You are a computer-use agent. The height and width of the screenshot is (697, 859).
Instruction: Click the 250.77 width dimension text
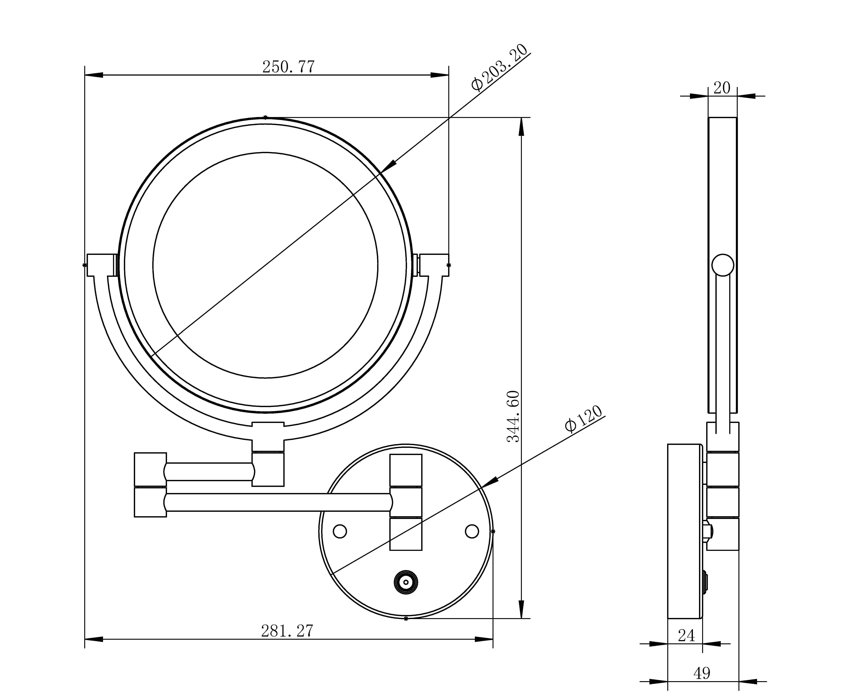tap(288, 67)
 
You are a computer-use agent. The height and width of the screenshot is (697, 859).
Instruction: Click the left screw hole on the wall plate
tap(340, 531)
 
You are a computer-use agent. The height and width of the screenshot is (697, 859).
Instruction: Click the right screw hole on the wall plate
tap(472, 531)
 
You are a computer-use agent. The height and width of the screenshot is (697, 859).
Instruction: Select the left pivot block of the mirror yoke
tap(100, 265)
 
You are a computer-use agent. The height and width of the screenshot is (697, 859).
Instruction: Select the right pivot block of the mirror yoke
tap(434, 265)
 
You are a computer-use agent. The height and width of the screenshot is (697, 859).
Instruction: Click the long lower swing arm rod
tap(277, 502)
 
